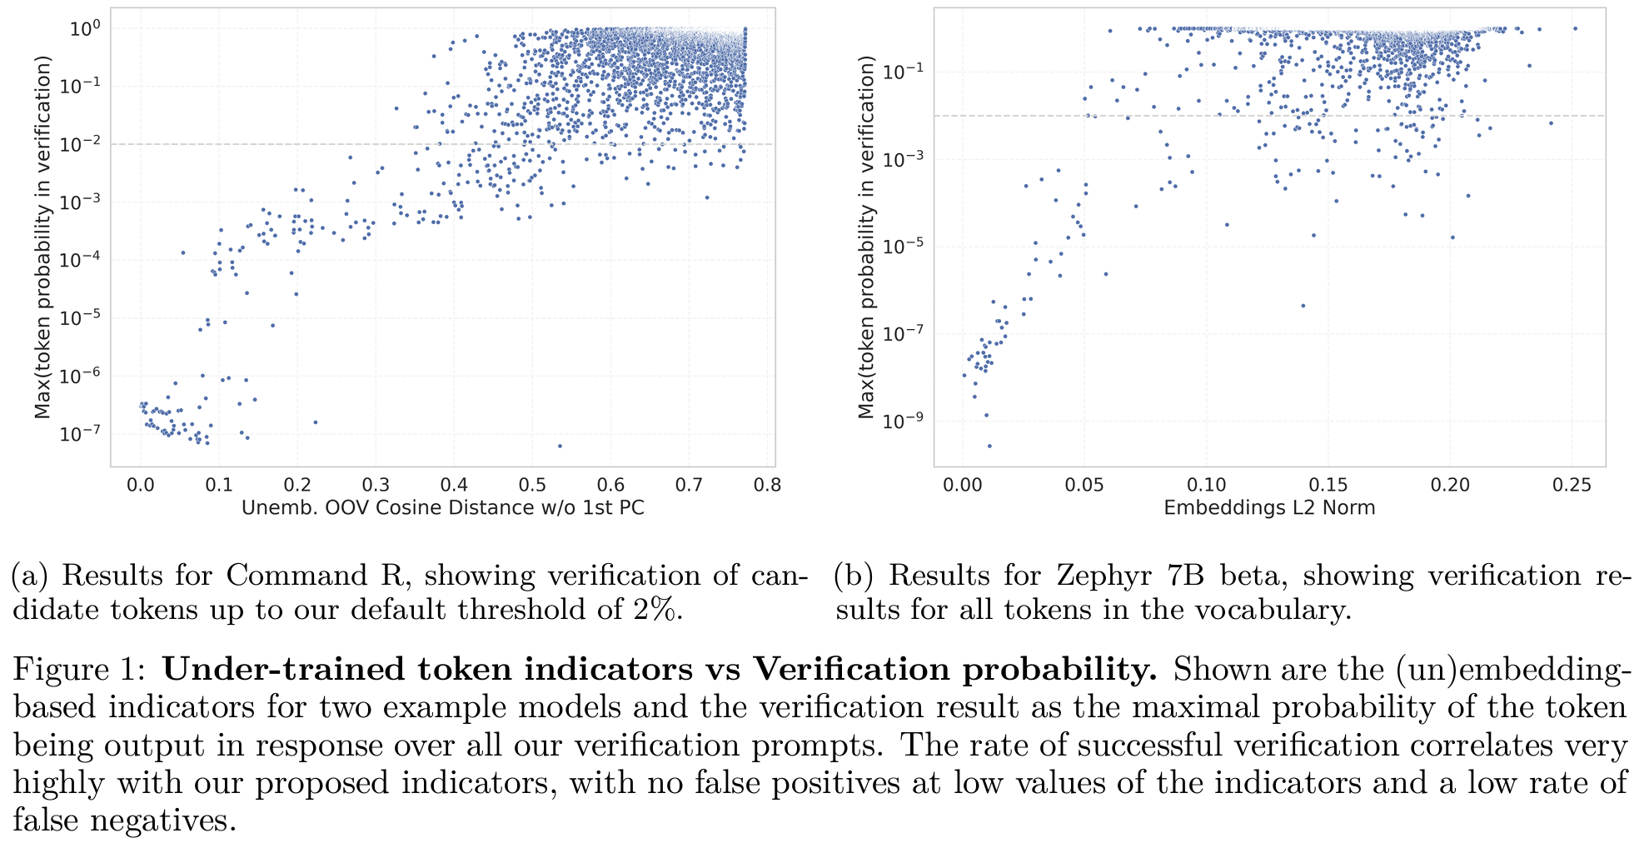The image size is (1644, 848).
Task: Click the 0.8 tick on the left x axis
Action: coord(767,485)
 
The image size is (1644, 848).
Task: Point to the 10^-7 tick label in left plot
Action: coord(80,433)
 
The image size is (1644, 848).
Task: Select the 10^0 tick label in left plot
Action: coord(84,28)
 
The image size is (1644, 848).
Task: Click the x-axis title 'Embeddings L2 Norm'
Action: coord(1269,507)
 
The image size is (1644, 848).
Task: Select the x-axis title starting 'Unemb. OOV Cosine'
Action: coord(442,507)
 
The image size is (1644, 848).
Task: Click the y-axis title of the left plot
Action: coord(42,237)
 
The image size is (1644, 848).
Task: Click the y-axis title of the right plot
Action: coord(867,237)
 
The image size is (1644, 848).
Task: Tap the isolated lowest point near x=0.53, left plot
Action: coord(560,446)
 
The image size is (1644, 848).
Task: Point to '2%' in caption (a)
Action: coord(656,611)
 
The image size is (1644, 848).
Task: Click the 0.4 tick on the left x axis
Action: coord(454,485)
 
